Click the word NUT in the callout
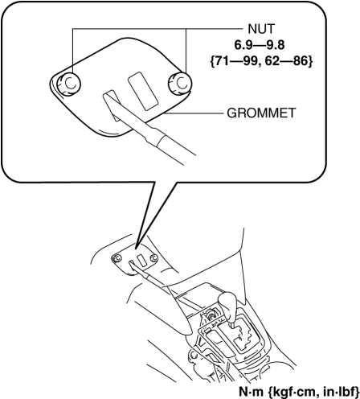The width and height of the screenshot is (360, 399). pos(261,29)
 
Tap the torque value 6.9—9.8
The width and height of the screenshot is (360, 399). pos(260,45)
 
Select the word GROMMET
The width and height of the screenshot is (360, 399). pos(261,113)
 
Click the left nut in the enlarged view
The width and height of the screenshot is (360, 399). pos(69,84)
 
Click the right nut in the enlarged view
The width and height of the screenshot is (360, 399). pos(180,83)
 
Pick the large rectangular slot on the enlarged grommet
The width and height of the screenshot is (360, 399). pos(143,91)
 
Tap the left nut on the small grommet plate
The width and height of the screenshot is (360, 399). pos(117,258)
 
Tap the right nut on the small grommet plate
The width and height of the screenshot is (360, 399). pos(154,258)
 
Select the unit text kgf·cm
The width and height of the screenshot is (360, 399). pos(291,392)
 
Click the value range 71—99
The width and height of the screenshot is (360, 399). pos(234,62)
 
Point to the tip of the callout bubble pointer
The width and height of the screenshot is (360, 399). pos(137,246)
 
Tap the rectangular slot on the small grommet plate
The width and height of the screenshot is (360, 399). pos(142,261)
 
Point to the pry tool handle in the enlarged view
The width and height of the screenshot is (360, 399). pos(174,147)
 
